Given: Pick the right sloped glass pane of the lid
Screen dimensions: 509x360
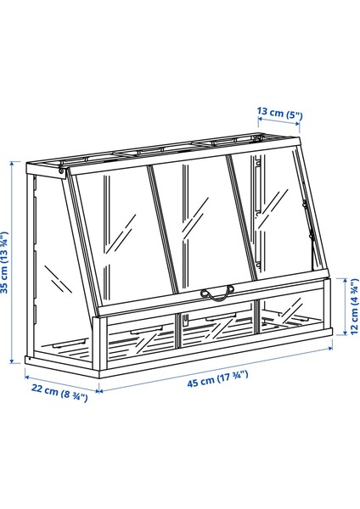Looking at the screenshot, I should (x=268, y=216).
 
